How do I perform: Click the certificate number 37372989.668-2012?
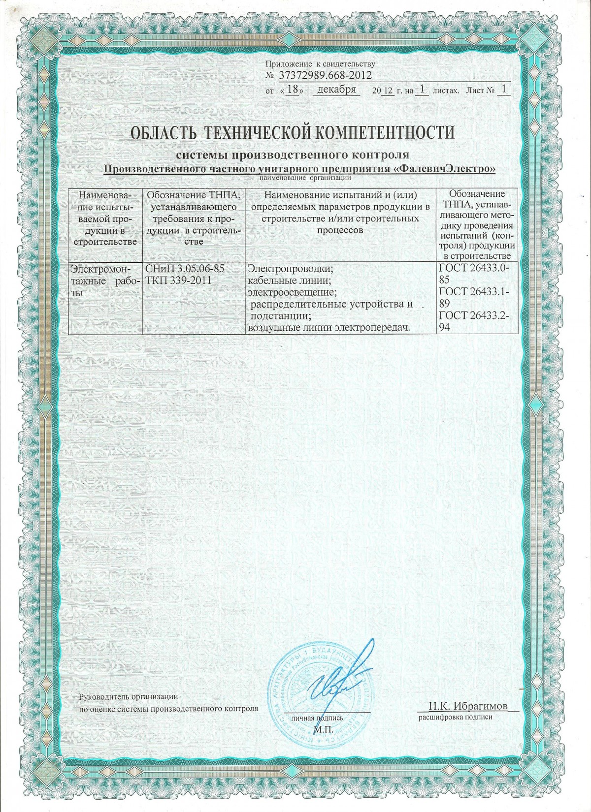click(325, 75)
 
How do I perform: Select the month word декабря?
click(337, 90)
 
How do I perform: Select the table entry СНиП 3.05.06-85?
click(185, 269)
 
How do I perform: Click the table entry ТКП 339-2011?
click(178, 281)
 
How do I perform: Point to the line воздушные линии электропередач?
click(329, 327)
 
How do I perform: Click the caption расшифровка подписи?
click(456, 717)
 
